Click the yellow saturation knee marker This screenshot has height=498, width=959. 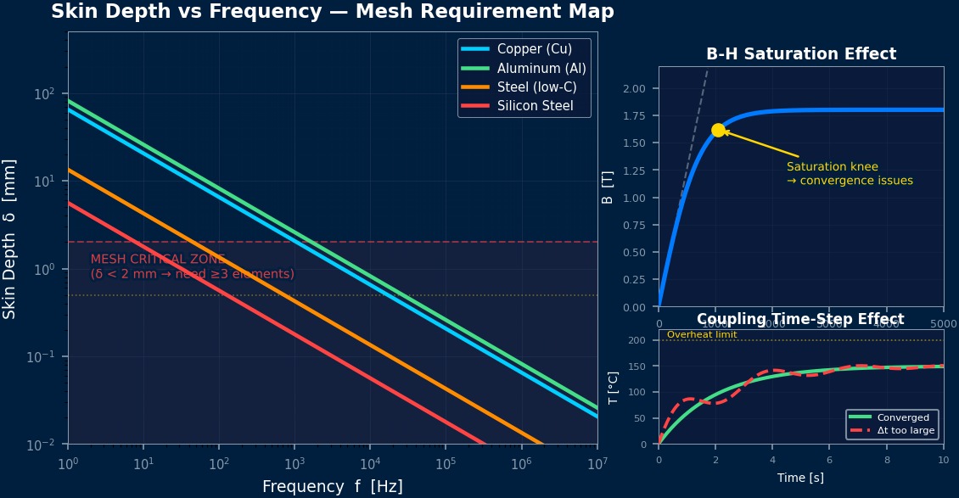coord(718,130)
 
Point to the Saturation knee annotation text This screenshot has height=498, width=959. coord(850,174)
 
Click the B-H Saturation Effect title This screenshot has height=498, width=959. coord(801,54)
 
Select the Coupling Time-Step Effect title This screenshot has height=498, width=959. coord(800,319)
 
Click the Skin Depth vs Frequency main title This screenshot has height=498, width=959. coord(333,12)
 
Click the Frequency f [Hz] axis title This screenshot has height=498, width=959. coord(333,487)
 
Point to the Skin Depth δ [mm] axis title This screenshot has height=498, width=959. coord(10,238)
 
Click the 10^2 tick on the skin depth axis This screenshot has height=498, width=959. coord(44,93)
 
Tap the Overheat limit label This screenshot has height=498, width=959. coord(702,335)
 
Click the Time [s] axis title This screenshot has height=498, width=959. coord(800,478)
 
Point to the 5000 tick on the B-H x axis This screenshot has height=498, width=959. coord(943,324)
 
